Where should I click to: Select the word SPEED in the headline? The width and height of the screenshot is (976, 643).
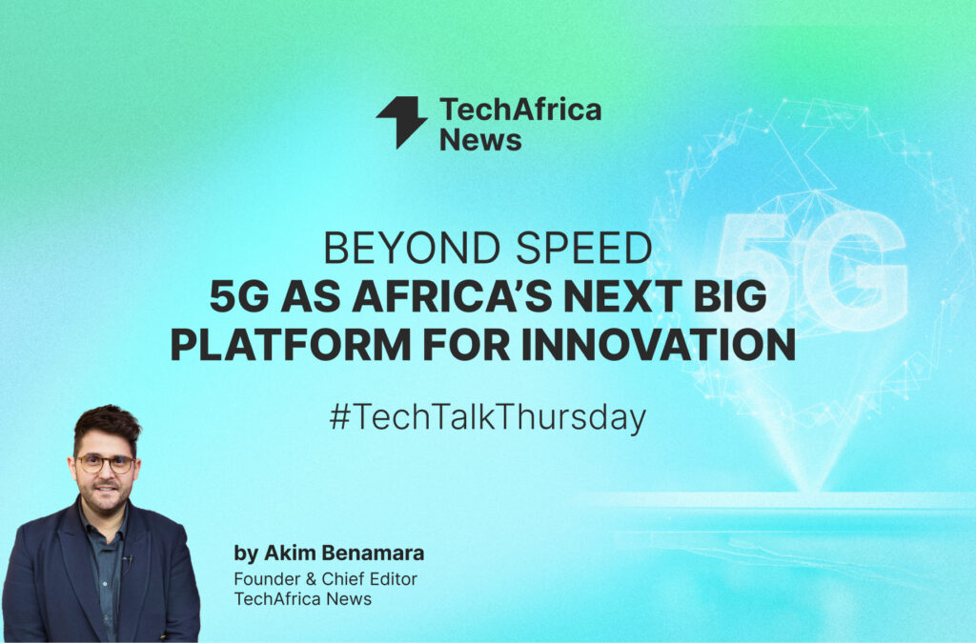click(x=584, y=248)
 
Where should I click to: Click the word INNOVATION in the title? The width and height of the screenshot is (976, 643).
click(x=659, y=345)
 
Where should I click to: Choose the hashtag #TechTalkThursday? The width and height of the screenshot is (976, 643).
click(x=488, y=417)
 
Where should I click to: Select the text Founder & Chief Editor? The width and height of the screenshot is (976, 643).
click(x=326, y=579)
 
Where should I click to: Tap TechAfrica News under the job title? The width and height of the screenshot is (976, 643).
click(x=302, y=599)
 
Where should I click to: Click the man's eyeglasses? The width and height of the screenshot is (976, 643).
click(x=105, y=463)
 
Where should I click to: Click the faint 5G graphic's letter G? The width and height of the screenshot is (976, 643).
click(x=854, y=271)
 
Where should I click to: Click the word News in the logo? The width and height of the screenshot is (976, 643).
click(x=480, y=140)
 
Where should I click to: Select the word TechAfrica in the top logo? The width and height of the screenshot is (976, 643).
click(x=520, y=110)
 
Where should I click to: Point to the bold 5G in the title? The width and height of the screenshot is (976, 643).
click(x=239, y=296)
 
